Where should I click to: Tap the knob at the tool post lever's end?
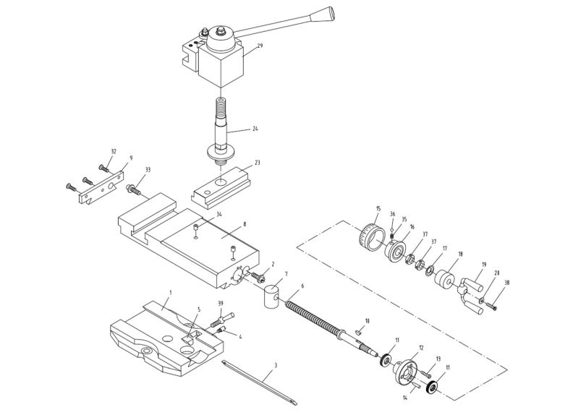tap(328, 14)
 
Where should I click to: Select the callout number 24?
tap(255, 129)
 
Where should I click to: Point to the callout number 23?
tap(256, 163)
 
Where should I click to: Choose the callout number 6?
tap(302, 286)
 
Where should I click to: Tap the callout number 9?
tap(131, 157)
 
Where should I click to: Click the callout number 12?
tap(420, 348)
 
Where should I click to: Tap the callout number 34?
tap(218, 215)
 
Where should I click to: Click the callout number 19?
tap(483, 265)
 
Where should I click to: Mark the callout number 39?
tap(220, 303)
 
